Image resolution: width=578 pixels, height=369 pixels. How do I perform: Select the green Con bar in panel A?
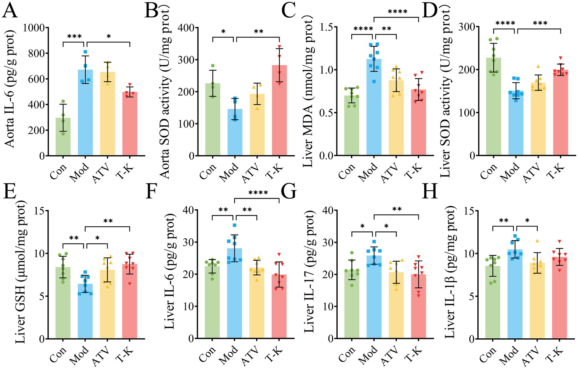63,137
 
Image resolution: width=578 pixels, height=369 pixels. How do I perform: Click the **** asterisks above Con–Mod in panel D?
505,23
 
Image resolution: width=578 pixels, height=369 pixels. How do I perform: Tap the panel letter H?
430,192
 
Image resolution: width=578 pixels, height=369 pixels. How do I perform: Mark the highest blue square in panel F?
234,225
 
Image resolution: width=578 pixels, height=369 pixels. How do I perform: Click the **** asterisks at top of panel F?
258,193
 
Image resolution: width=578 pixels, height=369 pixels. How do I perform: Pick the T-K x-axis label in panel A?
125,171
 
